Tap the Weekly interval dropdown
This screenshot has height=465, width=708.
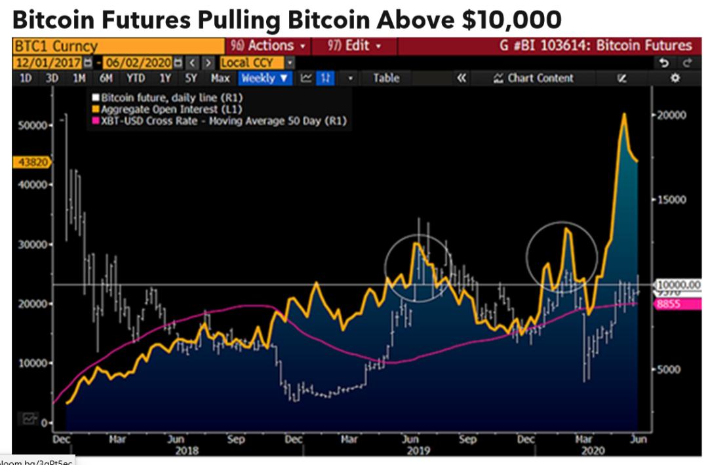[x=265, y=78]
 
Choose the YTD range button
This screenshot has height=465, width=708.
[x=136, y=78]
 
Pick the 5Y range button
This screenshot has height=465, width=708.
[x=191, y=78]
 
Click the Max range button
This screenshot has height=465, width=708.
[x=220, y=78]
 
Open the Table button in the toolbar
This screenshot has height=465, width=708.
[x=386, y=78]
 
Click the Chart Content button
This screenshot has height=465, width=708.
[x=533, y=78]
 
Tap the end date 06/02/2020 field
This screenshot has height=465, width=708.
[x=138, y=62]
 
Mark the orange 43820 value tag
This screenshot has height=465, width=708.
[x=30, y=163]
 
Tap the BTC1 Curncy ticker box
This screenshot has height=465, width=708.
[x=55, y=46]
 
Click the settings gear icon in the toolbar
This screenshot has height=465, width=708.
[x=676, y=78]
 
